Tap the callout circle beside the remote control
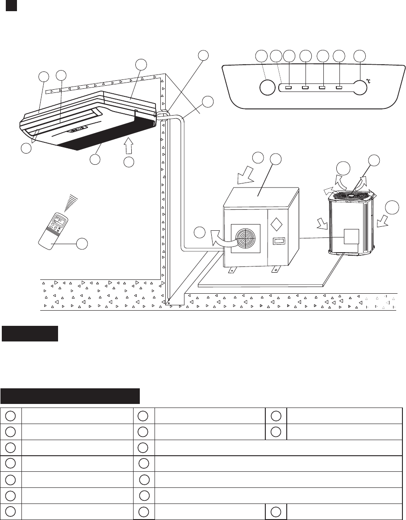(82, 243)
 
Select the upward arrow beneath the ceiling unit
(129, 146)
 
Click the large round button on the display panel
(267, 87)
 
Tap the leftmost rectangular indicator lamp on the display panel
(289, 87)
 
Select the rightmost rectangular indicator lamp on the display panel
(339, 87)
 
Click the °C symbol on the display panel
(369, 81)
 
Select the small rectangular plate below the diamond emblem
(278, 241)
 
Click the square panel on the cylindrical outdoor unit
(351, 237)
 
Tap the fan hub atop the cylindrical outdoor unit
(352, 195)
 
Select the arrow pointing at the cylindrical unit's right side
(380, 220)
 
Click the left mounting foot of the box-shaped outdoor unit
(233, 270)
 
